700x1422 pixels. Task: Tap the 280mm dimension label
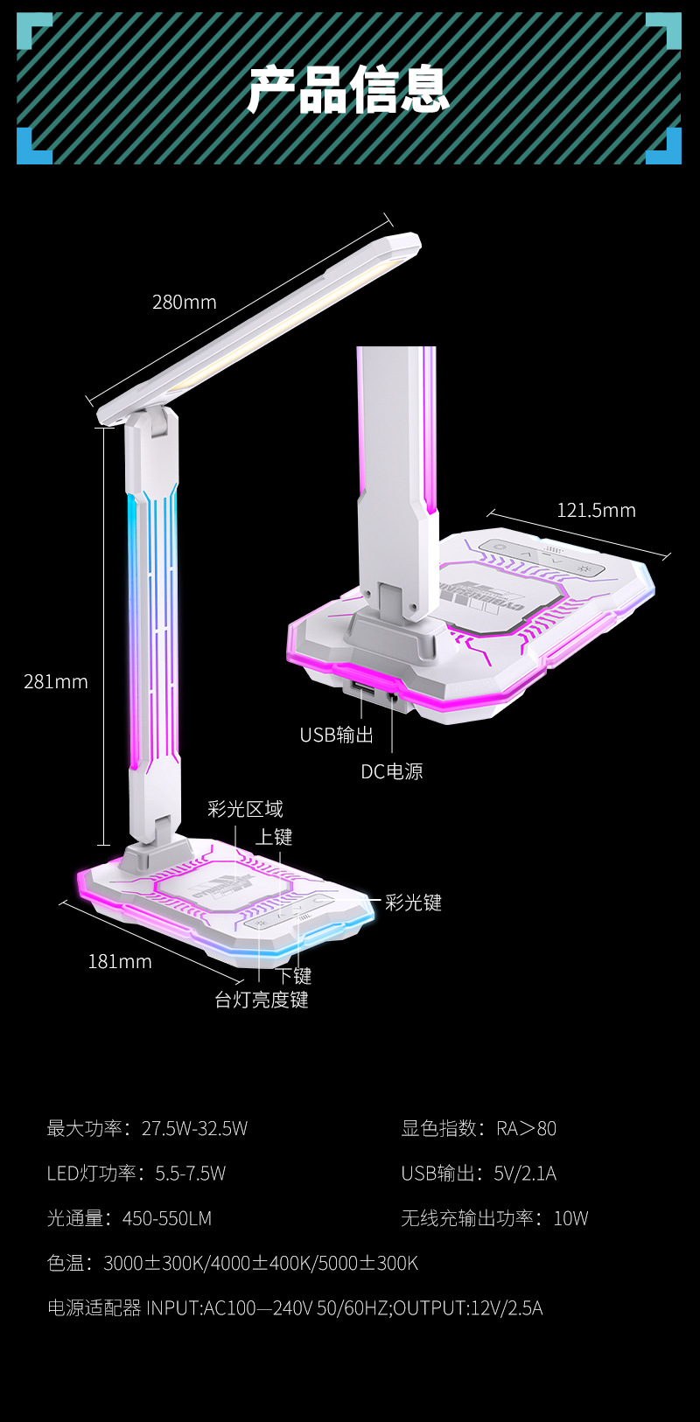point(184,303)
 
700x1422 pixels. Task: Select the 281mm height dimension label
point(56,682)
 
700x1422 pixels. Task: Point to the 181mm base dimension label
point(120,962)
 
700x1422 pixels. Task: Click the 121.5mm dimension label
point(596,511)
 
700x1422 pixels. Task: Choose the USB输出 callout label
point(336,735)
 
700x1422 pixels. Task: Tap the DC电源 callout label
point(392,771)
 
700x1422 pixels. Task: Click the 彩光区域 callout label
point(245,810)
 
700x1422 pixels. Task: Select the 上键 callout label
point(274,838)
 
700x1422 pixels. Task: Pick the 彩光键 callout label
point(414,903)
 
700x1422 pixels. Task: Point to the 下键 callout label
point(294,976)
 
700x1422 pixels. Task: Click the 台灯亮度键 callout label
point(262,1000)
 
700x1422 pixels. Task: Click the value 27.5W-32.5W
point(194,1129)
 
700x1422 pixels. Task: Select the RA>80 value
point(526,1129)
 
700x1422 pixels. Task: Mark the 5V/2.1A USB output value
point(525,1174)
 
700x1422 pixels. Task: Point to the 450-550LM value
point(167,1218)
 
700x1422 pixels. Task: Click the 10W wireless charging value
point(570,1218)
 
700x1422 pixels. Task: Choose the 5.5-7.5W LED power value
point(191,1174)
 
